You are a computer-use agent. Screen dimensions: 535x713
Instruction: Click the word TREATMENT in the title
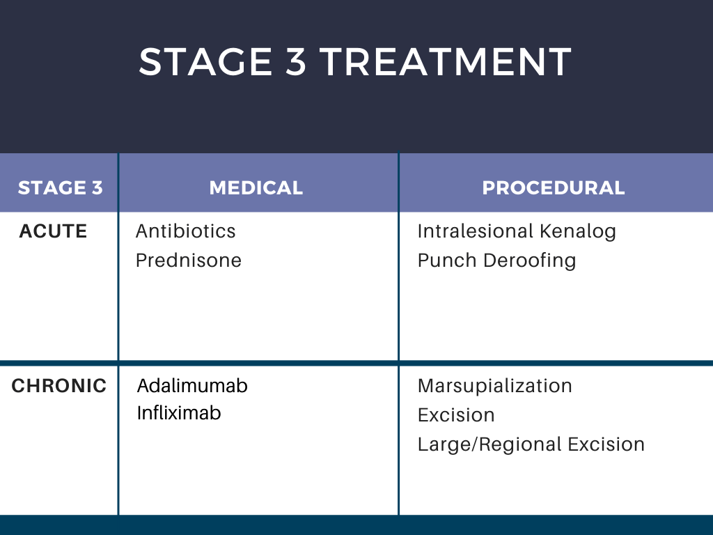point(446,62)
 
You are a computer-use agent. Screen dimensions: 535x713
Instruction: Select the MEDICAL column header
point(256,188)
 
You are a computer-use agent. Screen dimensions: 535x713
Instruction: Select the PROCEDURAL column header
point(554,188)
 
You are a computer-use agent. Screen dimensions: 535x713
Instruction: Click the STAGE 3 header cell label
point(61,188)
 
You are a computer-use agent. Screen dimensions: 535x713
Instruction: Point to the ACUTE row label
point(53,231)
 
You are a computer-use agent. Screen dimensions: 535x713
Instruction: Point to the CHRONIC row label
point(59,386)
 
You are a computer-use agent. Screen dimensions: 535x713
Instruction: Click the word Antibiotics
point(186,231)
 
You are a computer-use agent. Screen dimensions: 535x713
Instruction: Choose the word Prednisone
point(189,261)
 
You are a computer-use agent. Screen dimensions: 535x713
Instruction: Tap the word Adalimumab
point(193,386)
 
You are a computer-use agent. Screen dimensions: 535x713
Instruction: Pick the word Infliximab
point(179,413)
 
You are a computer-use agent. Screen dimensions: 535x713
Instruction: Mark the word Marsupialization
point(494,386)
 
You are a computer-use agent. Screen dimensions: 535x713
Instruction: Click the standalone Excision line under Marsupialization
point(456,415)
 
